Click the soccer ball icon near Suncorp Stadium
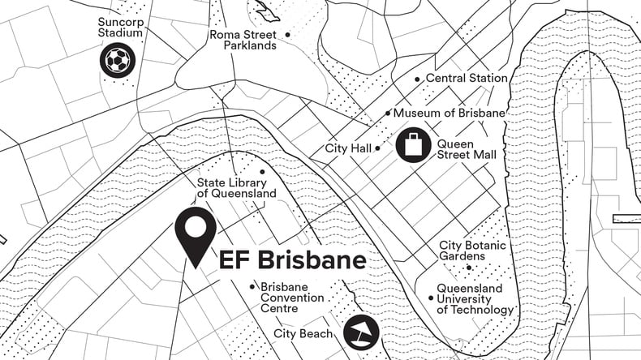[118, 60]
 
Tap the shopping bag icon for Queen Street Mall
[414, 146]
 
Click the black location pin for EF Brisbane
[196, 234]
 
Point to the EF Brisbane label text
[292, 261]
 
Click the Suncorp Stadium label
[120, 28]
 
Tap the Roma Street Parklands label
[243, 40]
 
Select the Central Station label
[467, 79]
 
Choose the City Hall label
[348, 148]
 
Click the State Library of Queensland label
[237, 188]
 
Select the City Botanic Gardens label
[474, 251]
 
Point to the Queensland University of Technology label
[475, 299]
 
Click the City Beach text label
[303, 333]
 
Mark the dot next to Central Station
[417, 79]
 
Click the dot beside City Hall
[378, 148]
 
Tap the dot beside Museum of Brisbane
[388, 114]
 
